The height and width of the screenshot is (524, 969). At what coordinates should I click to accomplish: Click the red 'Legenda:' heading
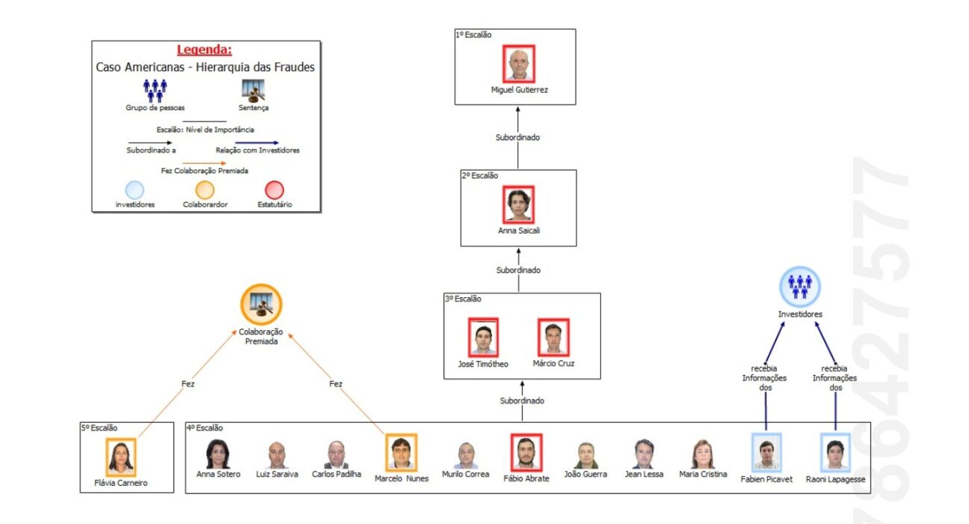[204, 50]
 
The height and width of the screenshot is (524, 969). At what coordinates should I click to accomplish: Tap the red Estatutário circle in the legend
[274, 190]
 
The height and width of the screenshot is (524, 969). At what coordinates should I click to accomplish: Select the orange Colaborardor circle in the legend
[205, 190]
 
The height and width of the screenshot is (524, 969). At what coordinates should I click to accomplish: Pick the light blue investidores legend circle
[135, 190]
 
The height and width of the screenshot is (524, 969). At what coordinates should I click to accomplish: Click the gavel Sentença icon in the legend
[253, 90]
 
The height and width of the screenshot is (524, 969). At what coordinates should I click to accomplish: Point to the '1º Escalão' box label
[474, 34]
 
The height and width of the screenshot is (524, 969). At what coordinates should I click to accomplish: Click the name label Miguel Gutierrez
[519, 90]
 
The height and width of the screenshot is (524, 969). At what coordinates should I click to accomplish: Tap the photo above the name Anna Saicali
[519, 204]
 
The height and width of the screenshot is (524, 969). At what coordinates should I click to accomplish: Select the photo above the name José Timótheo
[483, 338]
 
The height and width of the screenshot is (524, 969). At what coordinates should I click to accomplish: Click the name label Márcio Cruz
[553, 363]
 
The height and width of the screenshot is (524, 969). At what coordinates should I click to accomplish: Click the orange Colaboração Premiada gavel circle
[261, 305]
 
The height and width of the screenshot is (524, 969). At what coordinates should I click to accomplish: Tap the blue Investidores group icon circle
[800, 287]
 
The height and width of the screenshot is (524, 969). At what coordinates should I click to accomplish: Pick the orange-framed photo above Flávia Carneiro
[120, 457]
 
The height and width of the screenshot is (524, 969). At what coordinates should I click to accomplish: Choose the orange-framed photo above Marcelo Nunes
[402, 453]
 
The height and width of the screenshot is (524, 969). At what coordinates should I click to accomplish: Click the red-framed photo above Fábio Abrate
[526, 453]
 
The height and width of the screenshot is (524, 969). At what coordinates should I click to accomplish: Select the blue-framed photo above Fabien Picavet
[766, 453]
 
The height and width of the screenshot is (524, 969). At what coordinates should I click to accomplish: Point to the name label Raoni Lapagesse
[835, 479]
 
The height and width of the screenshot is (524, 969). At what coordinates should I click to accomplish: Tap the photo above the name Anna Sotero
[218, 454]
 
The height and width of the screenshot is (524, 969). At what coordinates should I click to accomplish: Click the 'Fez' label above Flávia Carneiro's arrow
[188, 384]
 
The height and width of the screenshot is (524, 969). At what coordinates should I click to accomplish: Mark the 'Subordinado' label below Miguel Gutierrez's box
[517, 137]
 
